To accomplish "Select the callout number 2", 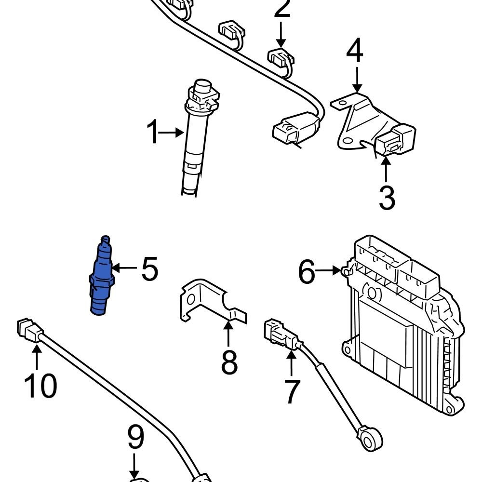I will [x=282, y=9].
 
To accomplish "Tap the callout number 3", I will [x=387, y=198].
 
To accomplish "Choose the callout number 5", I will [x=149, y=269].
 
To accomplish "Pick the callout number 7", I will [x=292, y=391].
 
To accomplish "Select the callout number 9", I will [x=135, y=439].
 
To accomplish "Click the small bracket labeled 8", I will [x=207, y=301].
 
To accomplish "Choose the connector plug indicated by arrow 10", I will [x=29, y=331].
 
